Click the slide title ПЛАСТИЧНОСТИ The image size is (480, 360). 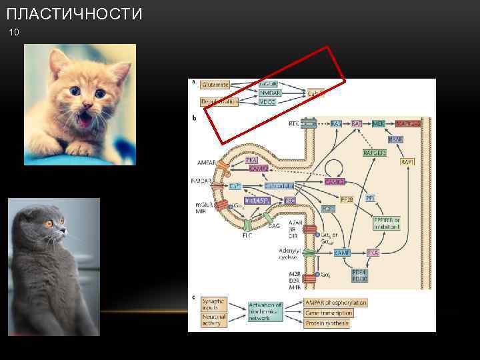(x=73, y=14)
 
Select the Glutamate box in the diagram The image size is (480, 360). (x=215, y=85)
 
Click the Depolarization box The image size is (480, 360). (x=219, y=102)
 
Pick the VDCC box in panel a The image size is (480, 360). (x=268, y=103)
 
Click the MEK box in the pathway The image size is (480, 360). (x=378, y=125)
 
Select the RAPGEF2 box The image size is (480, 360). (x=375, y=153)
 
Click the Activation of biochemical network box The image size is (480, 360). (x=265, y=312)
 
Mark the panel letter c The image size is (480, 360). (x=193, y=297)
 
